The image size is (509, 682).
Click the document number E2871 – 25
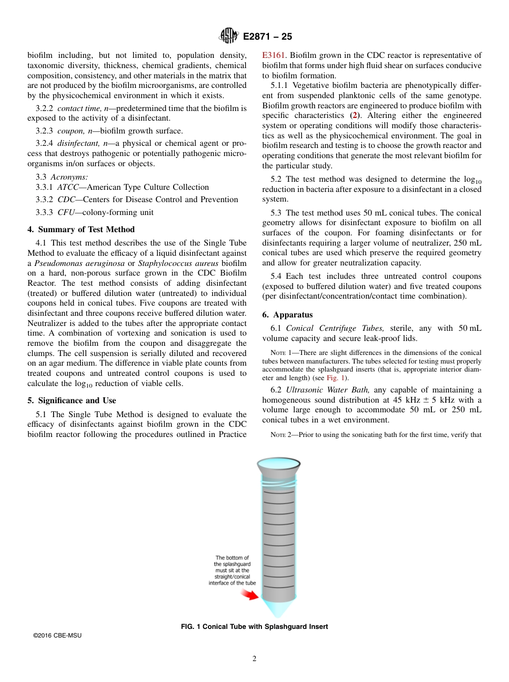click(x=267, y=36)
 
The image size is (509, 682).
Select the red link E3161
click(x=274, y=55)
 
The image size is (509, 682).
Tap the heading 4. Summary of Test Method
click(x=81, y=229)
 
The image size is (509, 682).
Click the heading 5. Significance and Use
click(x=71, y=401)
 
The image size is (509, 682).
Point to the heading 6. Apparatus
click(x=287, y=315)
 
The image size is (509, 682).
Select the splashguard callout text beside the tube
click(x=232, y=570)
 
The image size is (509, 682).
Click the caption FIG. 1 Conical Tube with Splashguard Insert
click(x=254, y=626)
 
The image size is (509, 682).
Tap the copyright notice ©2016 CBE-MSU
click(x=57, y=635)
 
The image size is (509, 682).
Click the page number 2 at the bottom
click(x=254, y=659)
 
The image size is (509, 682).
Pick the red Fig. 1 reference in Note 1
click(x=335, y=377)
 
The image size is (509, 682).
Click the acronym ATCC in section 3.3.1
click(x=68, y=187)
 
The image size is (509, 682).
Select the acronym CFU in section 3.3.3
click(x=66, y=212)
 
